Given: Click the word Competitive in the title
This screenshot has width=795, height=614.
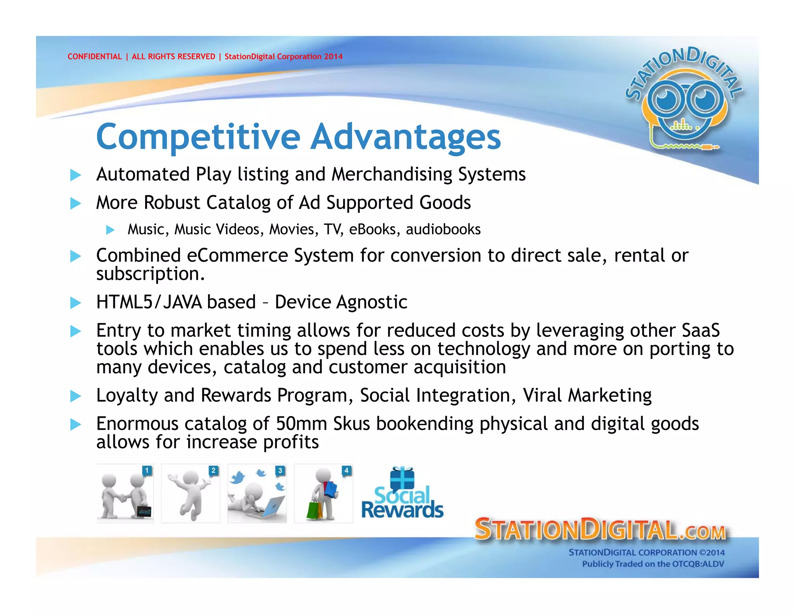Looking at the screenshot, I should tap(198, 137).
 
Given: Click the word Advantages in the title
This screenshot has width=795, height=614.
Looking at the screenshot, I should tap(405, 137).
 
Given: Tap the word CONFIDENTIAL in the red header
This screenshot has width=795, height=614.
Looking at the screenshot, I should tap(94, 57).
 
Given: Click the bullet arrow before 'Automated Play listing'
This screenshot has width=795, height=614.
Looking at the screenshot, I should tap(75, 175).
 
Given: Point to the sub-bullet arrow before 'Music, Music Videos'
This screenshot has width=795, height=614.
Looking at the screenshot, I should tap(110, 230).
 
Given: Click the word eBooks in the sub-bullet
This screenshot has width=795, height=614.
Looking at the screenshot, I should tap(372, 229).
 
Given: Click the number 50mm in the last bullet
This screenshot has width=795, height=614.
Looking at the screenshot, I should tap(301, 423).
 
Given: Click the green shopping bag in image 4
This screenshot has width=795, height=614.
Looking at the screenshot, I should tap(313, 511).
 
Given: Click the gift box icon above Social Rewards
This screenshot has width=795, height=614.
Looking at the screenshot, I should tap(402, 478).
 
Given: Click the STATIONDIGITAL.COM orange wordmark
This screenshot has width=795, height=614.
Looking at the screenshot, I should tap(600, 529).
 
